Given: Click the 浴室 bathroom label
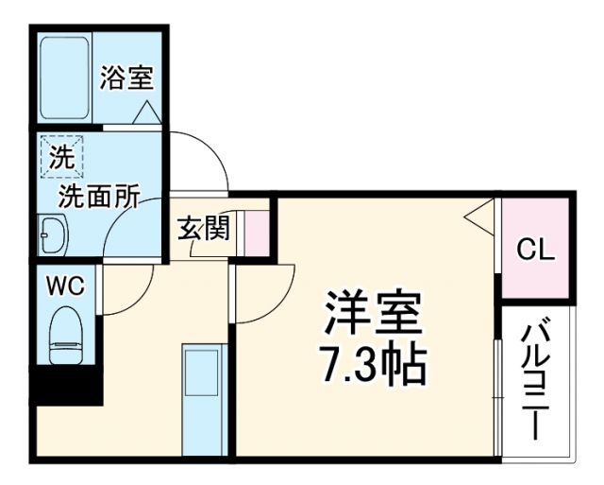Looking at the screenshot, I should click(x=126, y=78).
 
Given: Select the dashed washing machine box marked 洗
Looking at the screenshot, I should click(x=61, y=157).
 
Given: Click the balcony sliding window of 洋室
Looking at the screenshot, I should click(x=497, y=388).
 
